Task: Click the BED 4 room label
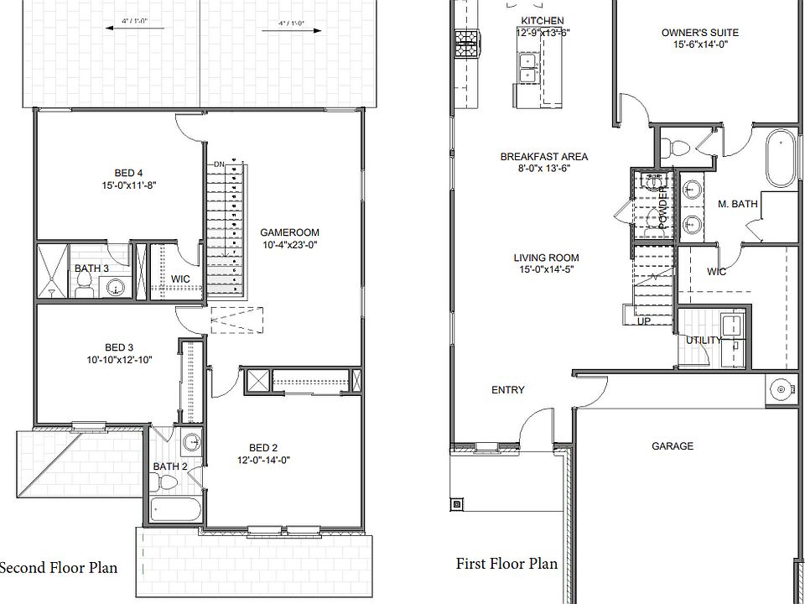pyautogui.click(x=127, y=174)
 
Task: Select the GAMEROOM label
pyautogui.click(x=289, y=232)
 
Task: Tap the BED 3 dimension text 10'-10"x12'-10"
pyautogui.click(x=119, y=360)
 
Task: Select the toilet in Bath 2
pyautogui.click(x=168, y=484)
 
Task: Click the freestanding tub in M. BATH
pyautogui.click(x=780, y=159)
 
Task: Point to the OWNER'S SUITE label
pyautogui.click(x=700, y=33)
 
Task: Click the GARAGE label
pyautogui.click(x=673, y=446)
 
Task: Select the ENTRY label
pyautogui.click(x=508, y=390)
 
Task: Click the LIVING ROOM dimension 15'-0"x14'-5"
pyautogui.click(x=547, y=270)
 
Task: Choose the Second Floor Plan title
pyautogui.click(x=58, y=568)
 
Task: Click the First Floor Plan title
pyautogui.click(x=506, y=563)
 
